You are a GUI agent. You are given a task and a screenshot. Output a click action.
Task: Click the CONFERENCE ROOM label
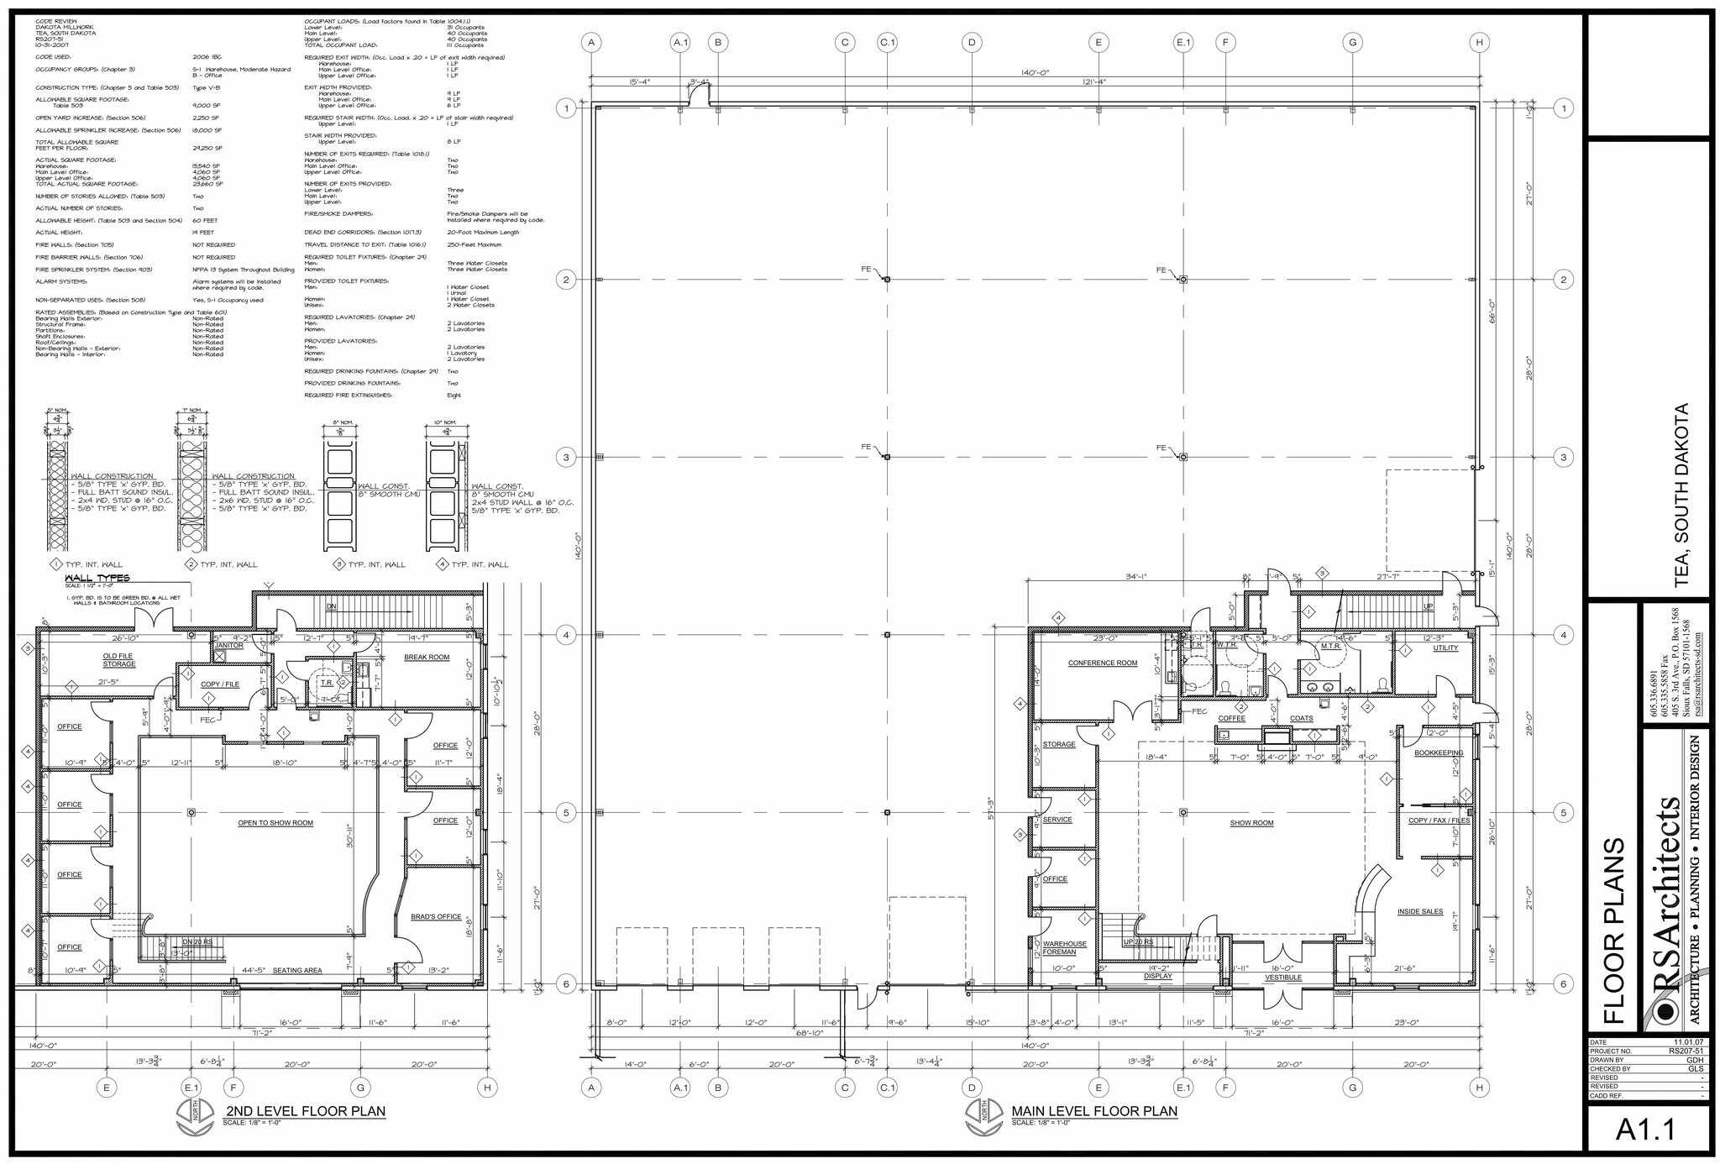1102,663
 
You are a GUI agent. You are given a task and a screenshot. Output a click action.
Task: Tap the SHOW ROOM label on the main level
1251,823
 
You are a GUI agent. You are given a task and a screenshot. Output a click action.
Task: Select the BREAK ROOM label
427,658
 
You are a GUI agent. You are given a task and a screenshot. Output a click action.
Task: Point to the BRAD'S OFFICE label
436,916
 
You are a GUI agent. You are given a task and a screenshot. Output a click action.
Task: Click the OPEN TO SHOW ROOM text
275,823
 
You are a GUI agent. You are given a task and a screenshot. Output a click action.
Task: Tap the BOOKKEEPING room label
1439,753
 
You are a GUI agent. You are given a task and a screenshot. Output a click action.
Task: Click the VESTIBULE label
1282,978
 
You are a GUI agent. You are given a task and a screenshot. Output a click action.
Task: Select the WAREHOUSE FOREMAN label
1064,948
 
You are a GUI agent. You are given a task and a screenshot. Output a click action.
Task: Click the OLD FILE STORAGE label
119,660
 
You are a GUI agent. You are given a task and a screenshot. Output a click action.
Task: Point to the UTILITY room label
1445,648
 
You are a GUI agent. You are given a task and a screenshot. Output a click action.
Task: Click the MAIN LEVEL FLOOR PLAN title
1093,1111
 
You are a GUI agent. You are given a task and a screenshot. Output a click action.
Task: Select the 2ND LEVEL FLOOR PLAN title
305,1111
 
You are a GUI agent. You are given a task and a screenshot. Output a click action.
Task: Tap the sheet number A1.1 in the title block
1645,1130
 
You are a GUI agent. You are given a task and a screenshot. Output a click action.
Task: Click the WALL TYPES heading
97,579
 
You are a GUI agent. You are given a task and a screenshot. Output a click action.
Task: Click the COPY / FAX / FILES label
1439,821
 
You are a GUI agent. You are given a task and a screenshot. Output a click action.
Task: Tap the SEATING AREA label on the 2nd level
297,971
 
